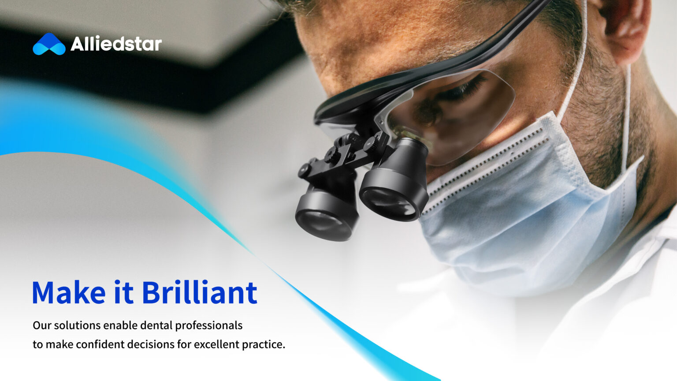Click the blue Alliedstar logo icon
click(x=49, y=44)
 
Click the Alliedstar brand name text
click(x=116, y=44)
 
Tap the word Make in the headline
click(x=69, y=292)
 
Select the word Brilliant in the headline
click(x=199, y=292)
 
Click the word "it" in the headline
click(x=123, y=292)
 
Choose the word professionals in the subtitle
click(x=208, y=326)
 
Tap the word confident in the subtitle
click(x=100, y=344)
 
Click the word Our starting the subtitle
click(x=42, y=326)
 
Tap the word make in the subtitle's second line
click(x=60, y=344)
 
